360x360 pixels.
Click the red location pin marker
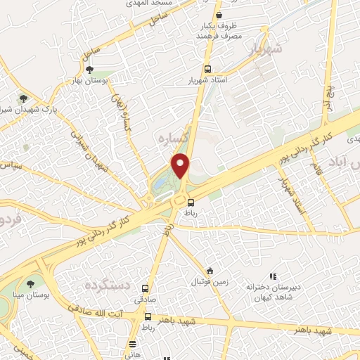[x=181, y=165]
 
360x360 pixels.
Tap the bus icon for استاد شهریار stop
[x=207, y=69]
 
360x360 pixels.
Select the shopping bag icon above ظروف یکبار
[x=219, y=14]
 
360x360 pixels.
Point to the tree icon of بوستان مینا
[x=30, y=283]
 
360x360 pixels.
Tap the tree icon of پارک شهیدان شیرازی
[x=24, y=98]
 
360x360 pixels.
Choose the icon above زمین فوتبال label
[x=210, y=271]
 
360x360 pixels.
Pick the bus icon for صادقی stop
[x=146, y=288]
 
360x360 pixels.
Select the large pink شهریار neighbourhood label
[x=264, y=49]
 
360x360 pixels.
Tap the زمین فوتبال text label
[x=206, y=282]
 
